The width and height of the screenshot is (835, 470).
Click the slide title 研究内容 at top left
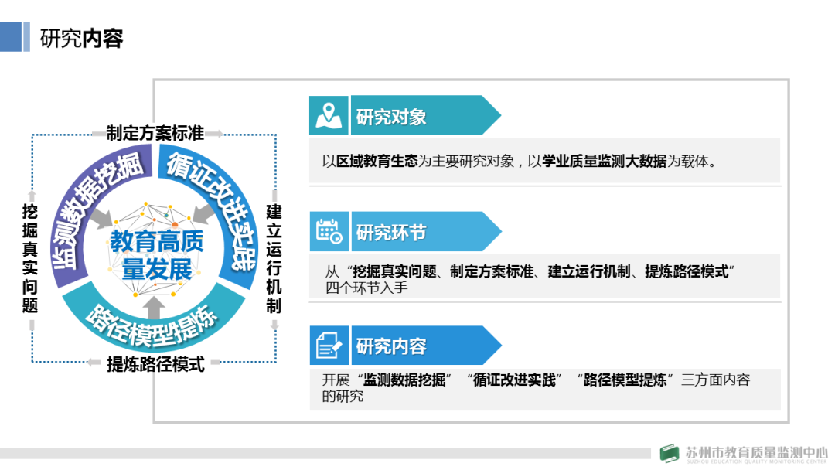tap(81, 39)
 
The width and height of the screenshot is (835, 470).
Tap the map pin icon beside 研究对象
tap(329, 117)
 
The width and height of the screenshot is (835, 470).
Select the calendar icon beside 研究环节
tap(329, 232)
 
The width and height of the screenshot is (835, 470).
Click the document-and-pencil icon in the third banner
tap(329, 346)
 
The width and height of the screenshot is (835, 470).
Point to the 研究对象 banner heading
tap(391, 117)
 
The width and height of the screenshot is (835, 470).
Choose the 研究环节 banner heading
tap(391, 233)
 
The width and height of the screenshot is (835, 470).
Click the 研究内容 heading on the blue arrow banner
tap(391, 346)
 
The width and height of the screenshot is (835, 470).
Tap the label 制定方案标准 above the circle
tap(155, 133)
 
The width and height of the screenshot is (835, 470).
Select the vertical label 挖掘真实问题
tap(30, 257)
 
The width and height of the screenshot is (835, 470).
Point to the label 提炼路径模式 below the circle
tap(155, 364)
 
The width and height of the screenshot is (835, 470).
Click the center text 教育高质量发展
tap(157, 255)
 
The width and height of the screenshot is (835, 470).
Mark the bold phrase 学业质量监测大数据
tap(604, 162)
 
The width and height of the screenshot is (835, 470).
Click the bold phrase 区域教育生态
tap(377, 162)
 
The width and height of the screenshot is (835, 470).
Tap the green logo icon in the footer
tap(670, 454)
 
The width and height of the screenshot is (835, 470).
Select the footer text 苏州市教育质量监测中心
tap(755, 451)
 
